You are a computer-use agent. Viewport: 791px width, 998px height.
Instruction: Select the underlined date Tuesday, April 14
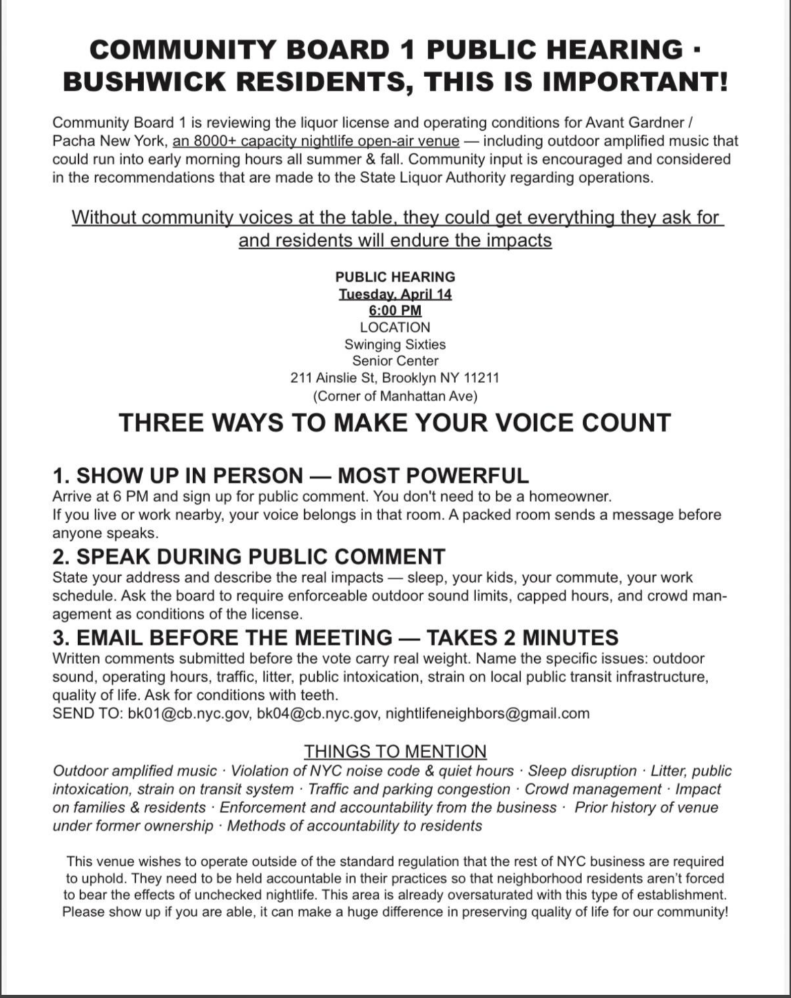(395, 294)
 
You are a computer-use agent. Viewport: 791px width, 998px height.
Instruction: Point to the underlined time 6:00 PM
(395, 310)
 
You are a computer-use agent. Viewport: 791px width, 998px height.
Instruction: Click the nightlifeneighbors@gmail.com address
(487, 713)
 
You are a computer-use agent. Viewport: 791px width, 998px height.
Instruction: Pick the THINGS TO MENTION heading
(395, 751)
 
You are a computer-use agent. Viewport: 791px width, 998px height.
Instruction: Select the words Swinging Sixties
(395, 344)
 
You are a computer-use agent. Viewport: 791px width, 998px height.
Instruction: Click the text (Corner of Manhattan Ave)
(395, 396)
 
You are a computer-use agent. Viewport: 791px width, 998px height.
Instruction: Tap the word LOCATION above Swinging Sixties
(395, 327)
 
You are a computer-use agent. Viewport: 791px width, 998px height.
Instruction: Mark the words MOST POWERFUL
(433, 476)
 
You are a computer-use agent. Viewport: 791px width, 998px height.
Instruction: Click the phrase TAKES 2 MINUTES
(522, 637)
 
